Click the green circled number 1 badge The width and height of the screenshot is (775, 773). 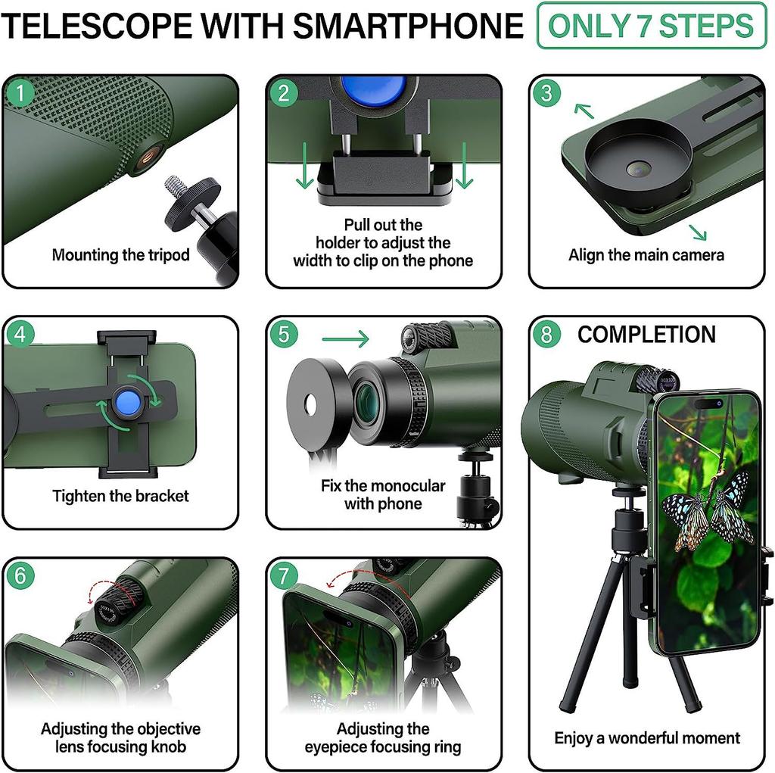[20, 93]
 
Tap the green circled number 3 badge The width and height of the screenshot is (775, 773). [546, 93]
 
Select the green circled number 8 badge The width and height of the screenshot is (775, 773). [546, 334]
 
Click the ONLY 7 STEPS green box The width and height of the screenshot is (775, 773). [651, 26]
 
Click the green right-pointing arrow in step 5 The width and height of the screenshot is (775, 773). [345, 338]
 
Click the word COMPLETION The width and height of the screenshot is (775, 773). [646, 335]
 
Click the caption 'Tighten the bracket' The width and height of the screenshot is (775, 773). [120, 497]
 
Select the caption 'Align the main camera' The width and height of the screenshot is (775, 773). [646, 255]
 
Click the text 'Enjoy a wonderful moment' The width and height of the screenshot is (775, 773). [646, 738]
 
